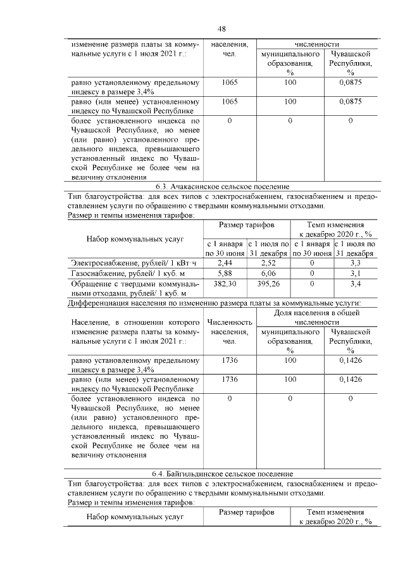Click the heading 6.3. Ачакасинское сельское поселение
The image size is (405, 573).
point(222,187)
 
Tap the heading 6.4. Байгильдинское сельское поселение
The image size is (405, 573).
point(222,474)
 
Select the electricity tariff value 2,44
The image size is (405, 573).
point(225,262)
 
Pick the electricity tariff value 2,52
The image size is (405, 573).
point(268,262)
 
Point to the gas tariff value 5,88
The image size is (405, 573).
point(225,273)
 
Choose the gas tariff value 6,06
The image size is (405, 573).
point(268,273)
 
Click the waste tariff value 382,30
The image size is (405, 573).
point(225,284)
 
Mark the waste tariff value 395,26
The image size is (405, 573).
point(268,284)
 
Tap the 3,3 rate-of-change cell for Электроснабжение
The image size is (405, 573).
point(355,262)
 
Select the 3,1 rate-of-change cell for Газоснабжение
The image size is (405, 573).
point(355,273)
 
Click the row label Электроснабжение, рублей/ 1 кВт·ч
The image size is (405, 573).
point(135,262)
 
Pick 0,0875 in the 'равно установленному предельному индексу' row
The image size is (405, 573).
point(350,82)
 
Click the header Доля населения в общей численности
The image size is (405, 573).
point(317,317)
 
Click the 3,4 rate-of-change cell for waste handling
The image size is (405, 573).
point(355,284)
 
